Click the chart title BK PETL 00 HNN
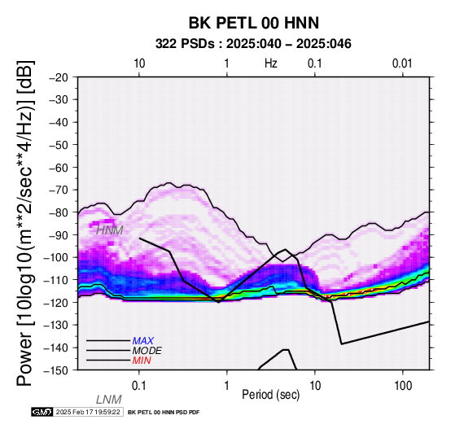tap(254, 23)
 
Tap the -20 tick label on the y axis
tap(59, 77)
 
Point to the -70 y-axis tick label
tap(59, 190)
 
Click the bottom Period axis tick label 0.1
tap(138, 386)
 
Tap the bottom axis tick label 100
tap(403, 386)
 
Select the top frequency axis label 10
tap(139, 63)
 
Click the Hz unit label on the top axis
tap(271, 63)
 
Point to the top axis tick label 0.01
tap(402, 63)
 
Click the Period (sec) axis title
tap(270, 395)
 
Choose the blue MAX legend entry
tap(143, 341)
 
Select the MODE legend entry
tap(147, 351)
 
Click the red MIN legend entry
tap(142, 361)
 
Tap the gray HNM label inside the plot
tap(110, 230)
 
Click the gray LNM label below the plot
tap(109, 400)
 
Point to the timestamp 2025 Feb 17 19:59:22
tap(88, 412)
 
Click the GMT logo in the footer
tap(42, 412)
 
